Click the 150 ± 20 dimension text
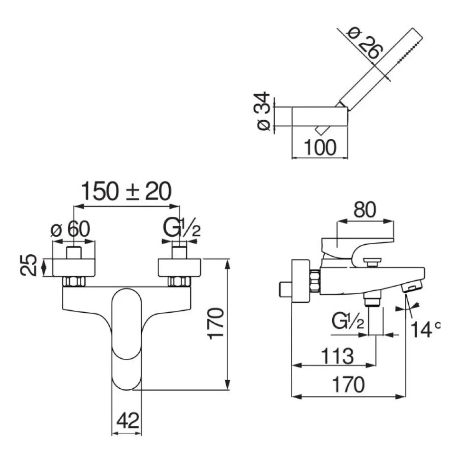[x=126, y=192]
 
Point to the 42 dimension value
[x=127, y=421]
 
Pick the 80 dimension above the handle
[x=365, y=210]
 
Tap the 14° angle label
[x=425, y=329]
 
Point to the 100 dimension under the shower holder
[x=319, y=147]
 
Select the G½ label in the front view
[x=182, y=229]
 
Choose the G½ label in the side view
[x=348, y=323]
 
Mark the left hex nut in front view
[x=74, y=281]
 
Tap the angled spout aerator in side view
[x=412, y=287]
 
